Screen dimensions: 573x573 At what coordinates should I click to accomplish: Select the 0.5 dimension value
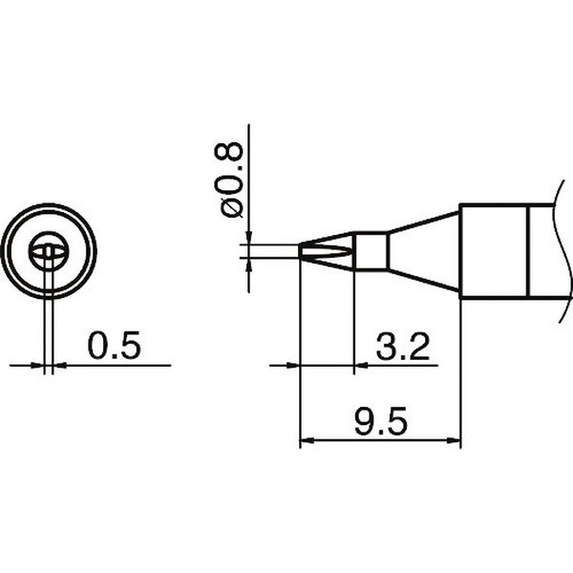(x=114, y=346)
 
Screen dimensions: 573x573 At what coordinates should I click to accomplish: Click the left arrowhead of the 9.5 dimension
(x=307, y=442)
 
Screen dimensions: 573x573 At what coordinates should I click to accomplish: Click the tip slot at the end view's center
(x=48, y=252)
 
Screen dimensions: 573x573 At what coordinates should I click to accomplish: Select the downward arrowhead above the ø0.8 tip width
(x=249, y=239)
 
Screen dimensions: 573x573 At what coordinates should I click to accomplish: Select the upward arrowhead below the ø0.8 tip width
(x=249, y=266)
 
